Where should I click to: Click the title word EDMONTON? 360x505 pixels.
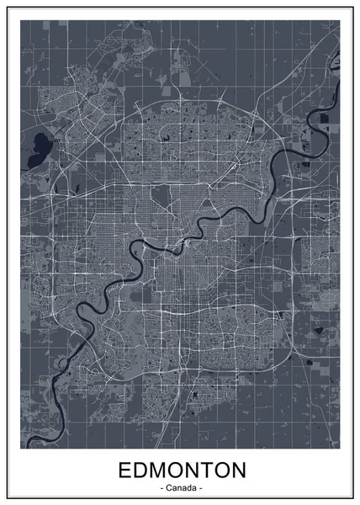pyautogui.click(x=180, y=468)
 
